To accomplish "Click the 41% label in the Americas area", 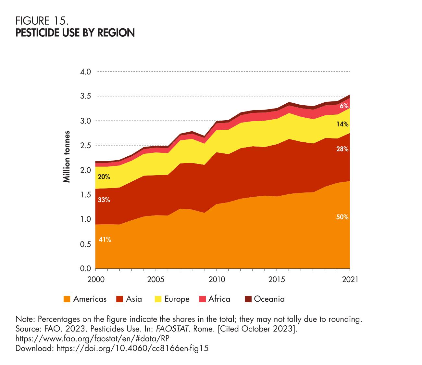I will tap(105, 240).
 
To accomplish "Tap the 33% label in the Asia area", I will tap(104, 200).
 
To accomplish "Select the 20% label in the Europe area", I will tap(104, 177).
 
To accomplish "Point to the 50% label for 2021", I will tap(342, 217).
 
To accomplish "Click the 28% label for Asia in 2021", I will tap(342, 149).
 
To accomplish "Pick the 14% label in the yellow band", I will tap(342, 124).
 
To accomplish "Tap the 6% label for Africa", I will tap(344, 106).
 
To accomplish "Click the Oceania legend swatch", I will tap(248, 299).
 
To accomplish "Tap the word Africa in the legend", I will tap(219, 299).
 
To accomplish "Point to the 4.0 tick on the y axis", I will tap(85, 72).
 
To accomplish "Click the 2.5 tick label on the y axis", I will tap(85, 145).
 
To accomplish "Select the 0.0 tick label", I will tap(85, 269).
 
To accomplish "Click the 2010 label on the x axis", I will tap(216, 280).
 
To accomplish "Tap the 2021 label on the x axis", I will tap(350, 280).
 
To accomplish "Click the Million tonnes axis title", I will tap(67, 157).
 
